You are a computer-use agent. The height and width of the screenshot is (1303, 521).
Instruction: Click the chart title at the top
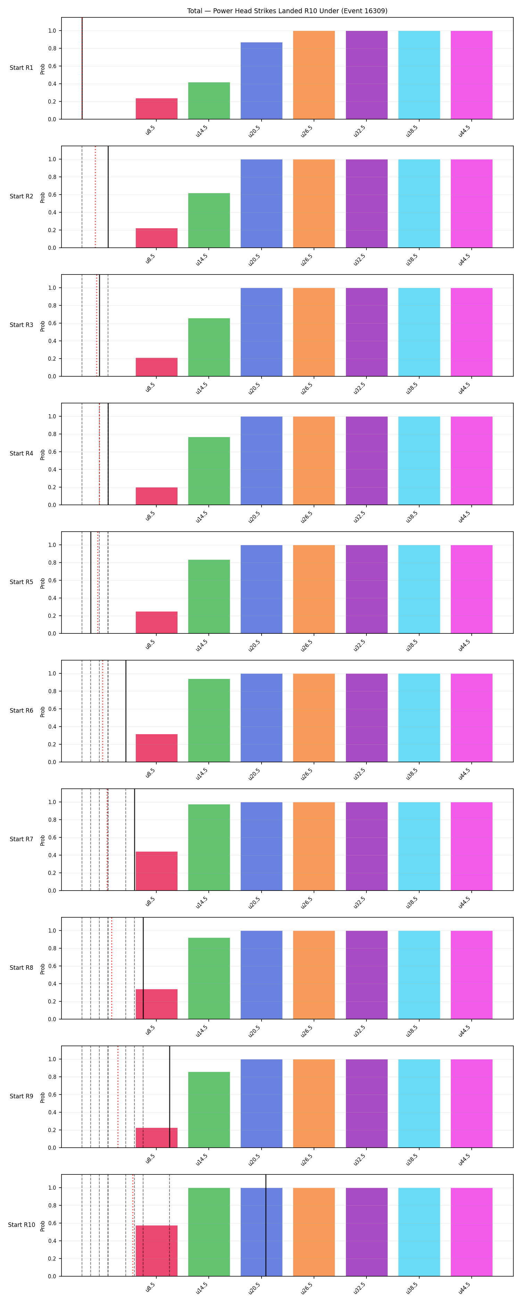coord(287,11)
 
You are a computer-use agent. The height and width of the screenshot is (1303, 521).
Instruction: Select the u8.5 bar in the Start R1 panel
coord(156,109)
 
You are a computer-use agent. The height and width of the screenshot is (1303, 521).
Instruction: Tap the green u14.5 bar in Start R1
coord(209,101)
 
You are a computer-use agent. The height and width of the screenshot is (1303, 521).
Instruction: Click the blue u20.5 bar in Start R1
coord(262,81)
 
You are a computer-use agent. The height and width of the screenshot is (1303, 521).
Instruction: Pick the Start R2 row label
coord(21,196)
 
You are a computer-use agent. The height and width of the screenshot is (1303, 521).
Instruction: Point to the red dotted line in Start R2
coord(95,197)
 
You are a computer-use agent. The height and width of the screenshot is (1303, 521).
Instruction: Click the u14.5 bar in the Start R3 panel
coord(209,347)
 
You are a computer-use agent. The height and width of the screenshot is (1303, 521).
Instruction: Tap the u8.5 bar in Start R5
coord(156,622)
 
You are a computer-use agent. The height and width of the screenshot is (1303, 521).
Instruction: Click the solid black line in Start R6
coord(126,711)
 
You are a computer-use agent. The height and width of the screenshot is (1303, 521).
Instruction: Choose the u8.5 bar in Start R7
coord(156,871)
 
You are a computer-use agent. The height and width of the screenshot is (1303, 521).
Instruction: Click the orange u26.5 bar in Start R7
coord(314,846)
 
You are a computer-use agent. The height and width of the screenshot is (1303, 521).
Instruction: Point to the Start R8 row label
coord(21,968)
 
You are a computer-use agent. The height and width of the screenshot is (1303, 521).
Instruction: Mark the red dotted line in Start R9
coord(118,1097)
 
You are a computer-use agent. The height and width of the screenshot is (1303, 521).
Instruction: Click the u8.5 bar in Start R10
coord(156,1251)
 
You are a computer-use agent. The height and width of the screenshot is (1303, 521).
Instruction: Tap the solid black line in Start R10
coord(266,1225)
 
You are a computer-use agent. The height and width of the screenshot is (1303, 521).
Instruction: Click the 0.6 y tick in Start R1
coord(52,66)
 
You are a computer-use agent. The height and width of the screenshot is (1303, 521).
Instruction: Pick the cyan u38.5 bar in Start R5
coord(419,589)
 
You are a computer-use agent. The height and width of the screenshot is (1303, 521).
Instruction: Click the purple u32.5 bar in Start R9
coord(367,1103)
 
